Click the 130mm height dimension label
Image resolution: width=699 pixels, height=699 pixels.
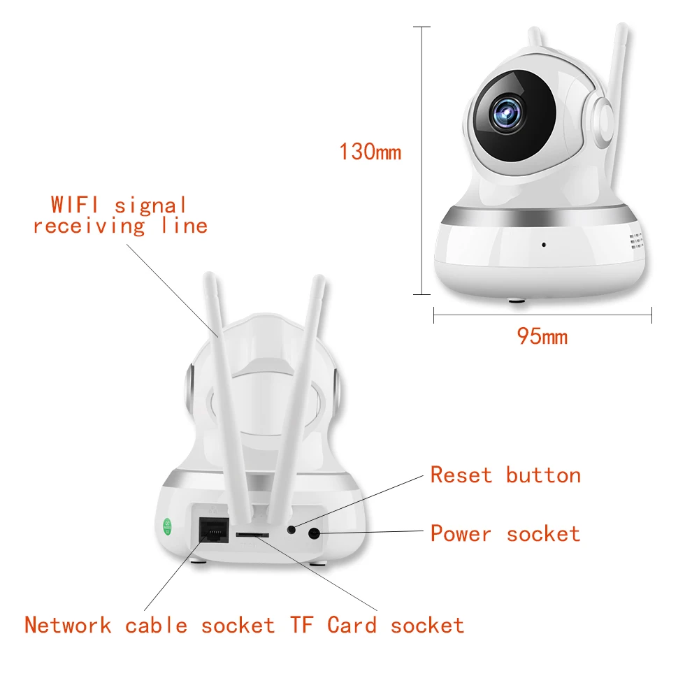coord(370,152)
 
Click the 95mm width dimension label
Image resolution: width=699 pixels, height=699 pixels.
coord(542,337)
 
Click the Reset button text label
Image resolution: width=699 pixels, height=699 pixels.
coord(505,475)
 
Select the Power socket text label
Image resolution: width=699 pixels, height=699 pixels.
coord(505,534)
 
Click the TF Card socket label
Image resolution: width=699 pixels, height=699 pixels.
coord(377,625)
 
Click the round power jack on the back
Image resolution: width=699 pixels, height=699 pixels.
coord(314,534)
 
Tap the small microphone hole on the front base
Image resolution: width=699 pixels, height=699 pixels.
coord(543,245)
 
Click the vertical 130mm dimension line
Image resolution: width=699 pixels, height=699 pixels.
coord(421,161)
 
